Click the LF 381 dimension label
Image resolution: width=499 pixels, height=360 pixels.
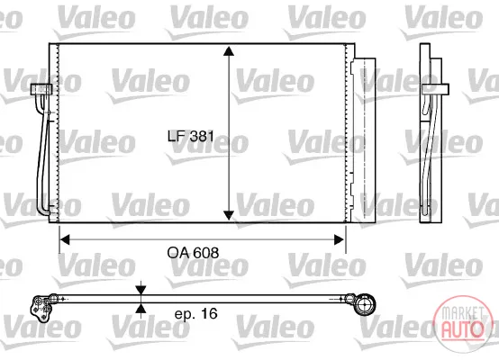pyautogui.click(x=191, y=136)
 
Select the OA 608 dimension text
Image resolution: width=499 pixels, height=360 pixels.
pyautogui.click(x=193, y=253)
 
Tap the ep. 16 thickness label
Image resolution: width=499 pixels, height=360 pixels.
pyautogui.click(x=195, y=313)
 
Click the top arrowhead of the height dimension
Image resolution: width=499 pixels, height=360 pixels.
pyautogui.click(x=229, y=51)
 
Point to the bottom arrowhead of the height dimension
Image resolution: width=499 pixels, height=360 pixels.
pyautogui.click(x=229, y=215)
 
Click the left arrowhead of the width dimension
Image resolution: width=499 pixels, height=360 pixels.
pyautogui.click(x=65, y=239)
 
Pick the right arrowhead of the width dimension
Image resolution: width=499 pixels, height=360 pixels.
pyautogui.click(x=339, y=239)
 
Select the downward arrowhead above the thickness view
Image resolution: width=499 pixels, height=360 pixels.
pyautogui.click(x=141, y=290)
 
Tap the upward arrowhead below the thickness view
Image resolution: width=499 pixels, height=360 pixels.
pyautogui.click(x=141, y=308)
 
